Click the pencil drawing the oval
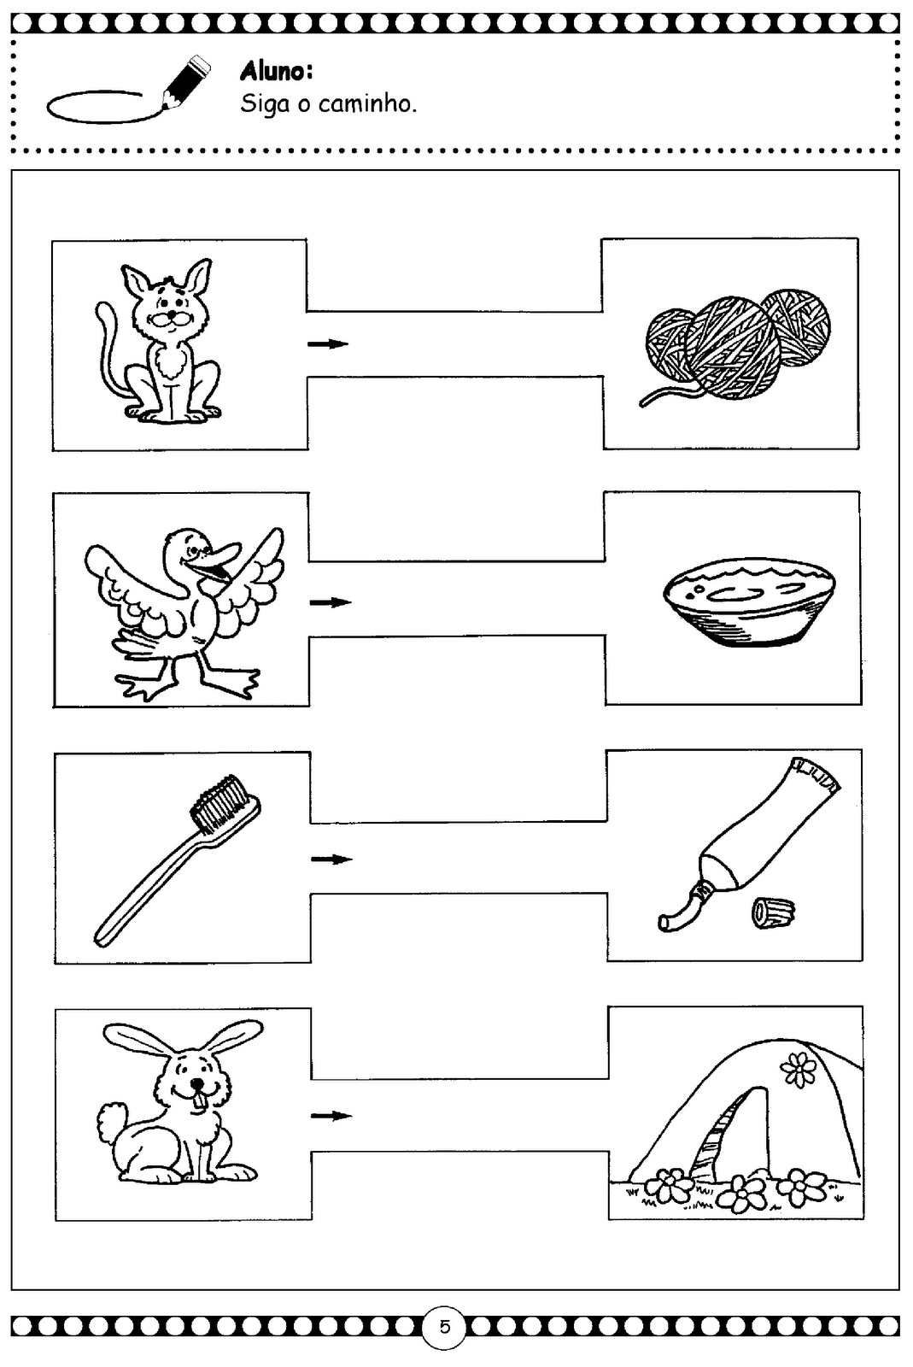pyautogui.click(x=186, y=83)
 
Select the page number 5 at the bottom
pyautogui.click(x=444, y=1327)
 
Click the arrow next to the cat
pyautogui.click(x=328, y=344)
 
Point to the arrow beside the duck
pyautogui.click(x=331, y=602)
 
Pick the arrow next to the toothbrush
pyautogui.click(x=331, y=860)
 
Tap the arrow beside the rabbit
pyautogui.click(x=331, y=1116)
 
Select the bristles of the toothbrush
pyautogui.click(x=219, y=804)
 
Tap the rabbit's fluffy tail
pyautogui.click(x=112, y=1119)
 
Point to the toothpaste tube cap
pyautogui.click(x=773, y=913)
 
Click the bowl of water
pyautogui.click(x=749, y=601)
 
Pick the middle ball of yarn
pyautogui.click(x=731, y=348)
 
